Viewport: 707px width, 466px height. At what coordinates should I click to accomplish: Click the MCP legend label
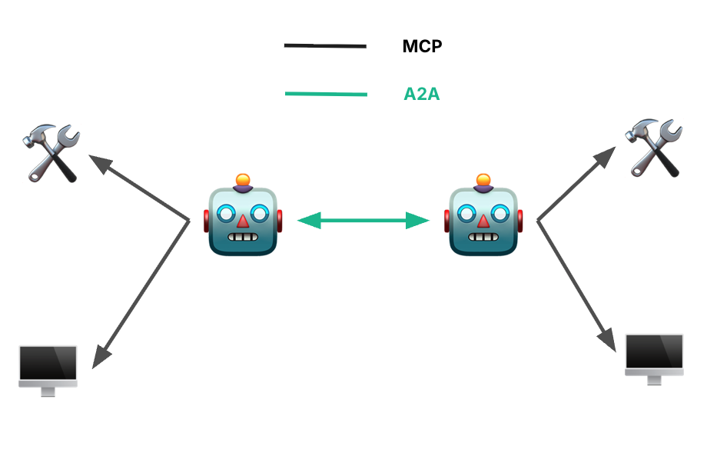point(422,46)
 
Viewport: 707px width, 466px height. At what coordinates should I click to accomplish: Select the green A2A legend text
point(422,95)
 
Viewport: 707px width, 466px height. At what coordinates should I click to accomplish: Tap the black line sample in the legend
point(325,46)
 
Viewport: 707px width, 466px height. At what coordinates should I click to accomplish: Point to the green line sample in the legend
point(326,95)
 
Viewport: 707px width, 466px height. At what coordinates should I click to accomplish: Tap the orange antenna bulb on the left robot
point(243,181)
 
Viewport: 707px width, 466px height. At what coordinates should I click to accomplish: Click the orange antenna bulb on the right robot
point(483,181)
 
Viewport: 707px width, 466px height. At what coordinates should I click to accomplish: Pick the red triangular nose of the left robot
point(243,221)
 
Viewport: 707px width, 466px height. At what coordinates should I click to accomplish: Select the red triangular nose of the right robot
point(483,221)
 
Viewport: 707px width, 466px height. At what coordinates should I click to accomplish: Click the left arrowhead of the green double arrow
point(307,221)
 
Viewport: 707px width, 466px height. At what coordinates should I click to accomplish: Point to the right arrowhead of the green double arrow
point(419,221)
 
